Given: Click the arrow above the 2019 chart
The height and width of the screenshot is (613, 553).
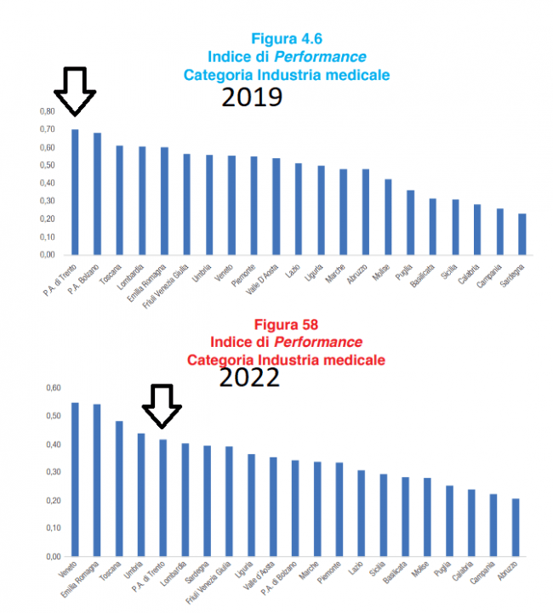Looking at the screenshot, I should (x=75, y=90).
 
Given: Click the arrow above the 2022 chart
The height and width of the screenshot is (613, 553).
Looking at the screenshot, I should (x=162, y=406).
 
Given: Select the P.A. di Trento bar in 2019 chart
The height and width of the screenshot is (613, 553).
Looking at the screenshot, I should (x=75, y=192).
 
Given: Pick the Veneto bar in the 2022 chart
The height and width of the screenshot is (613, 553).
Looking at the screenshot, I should (x=75, y=480).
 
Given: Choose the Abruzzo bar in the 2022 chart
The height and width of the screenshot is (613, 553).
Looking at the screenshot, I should (x=516, y=527).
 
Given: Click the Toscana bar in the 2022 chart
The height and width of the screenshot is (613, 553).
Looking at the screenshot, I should (x=119, y=489).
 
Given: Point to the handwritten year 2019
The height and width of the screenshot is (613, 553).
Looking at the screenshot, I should (x=252, y=98).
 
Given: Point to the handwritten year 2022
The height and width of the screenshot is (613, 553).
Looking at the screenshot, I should (x=249, y=377).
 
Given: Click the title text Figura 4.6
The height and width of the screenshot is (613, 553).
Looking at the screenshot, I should (x=287, y=38).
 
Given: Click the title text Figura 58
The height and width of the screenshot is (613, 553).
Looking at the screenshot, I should (x=286, y=324).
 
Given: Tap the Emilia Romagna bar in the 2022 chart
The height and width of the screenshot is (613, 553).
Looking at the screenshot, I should (x=97, y=480).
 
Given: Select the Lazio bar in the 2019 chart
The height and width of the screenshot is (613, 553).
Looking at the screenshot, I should (x=299, y=209).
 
